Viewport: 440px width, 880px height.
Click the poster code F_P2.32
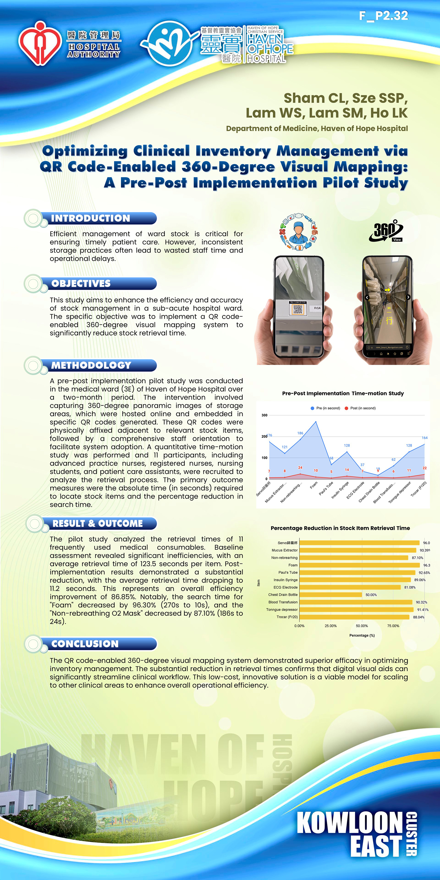click(383, 16)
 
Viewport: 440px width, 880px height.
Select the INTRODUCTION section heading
click(91, 218)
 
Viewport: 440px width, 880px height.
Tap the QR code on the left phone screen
click(297, 309)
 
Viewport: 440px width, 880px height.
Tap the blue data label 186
click(300, 433)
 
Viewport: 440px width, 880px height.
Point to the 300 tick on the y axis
click(264, 415)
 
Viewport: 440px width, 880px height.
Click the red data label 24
click(300, 468)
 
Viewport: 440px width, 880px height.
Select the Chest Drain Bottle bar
click(331, 595)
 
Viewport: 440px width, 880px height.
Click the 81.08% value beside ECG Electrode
click(410, 587)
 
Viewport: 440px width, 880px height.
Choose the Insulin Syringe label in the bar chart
click(286, 580)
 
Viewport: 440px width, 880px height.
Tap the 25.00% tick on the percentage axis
click(331, 626)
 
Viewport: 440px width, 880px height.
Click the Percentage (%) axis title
click(362, 635)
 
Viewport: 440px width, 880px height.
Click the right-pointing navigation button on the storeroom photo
click(408, 297)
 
